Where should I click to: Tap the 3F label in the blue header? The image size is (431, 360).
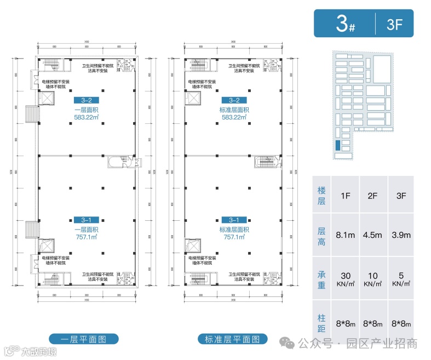[x=394, y=23]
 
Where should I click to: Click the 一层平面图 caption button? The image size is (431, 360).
[x=84, y=339]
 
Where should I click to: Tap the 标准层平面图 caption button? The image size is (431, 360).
[x=233, y=339]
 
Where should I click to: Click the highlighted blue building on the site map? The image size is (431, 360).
[x=338, y=145]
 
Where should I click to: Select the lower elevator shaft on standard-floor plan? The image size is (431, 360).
[x=193, y=244]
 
